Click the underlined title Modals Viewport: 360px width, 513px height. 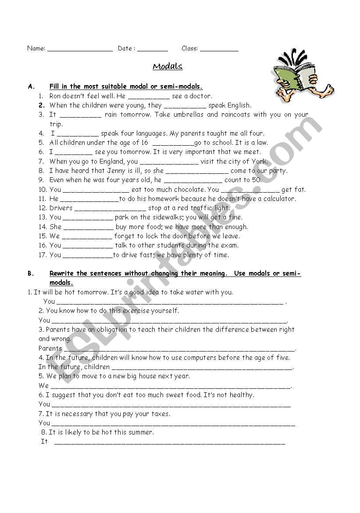pyautogui.click(x=168, y=67)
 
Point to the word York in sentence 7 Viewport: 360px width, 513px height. pyautogui.click(x=259, y=161)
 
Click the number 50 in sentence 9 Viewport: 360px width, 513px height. pyautogui.click(x=256, y=180)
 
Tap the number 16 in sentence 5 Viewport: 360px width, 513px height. pyautogui.click(x=145, y=143)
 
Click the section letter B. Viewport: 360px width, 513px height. pyautogui.click(x=30, y=273)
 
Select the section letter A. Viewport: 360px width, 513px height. pyautogui.click(x=30, y=87)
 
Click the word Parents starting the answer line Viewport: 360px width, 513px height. pyautogui.click(x=50, y=348)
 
